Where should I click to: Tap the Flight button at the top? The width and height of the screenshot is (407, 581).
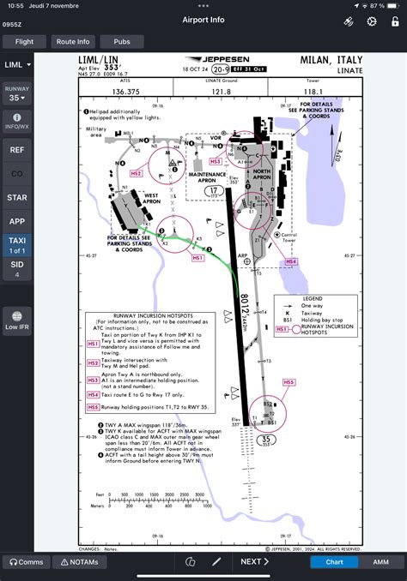(24, 41)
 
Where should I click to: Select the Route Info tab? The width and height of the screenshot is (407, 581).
(73, 41)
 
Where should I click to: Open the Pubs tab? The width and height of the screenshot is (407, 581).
(122, 41)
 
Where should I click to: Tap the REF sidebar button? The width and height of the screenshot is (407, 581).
(16, 149)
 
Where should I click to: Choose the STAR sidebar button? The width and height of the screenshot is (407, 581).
(16, 197)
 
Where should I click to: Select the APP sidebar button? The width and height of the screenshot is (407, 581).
(16, 221)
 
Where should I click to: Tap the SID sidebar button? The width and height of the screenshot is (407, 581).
(16, 269)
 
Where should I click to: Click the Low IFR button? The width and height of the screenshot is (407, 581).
(16, 320)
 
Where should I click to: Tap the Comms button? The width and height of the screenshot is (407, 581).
(25, 562)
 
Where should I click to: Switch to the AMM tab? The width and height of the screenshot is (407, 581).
(380, 562)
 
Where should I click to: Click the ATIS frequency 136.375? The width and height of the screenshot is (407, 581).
(126, 91)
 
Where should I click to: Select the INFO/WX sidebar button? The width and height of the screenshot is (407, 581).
(16, 120)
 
